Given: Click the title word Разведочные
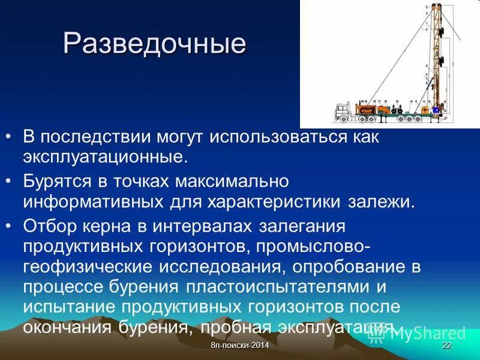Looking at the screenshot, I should click(155, 44).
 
